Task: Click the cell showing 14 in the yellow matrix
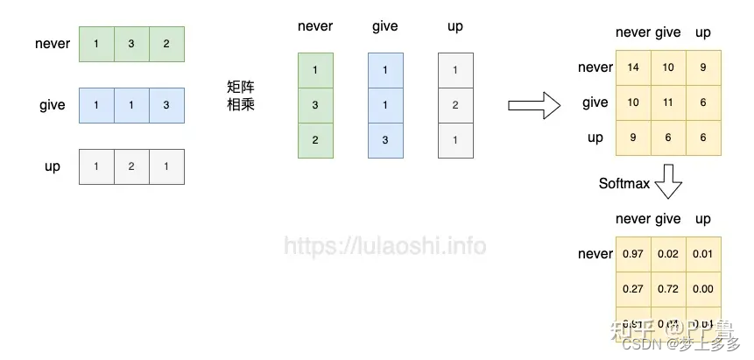[633, 67]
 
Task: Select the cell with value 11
[669, 102]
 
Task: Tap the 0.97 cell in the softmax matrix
[633, 254]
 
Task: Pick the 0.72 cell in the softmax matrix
[669, 289]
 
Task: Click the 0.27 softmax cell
[633, 289]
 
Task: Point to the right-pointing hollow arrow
[533, 105]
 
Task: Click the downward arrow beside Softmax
[668, 183]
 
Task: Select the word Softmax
[624, 184]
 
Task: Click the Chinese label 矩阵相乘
[240, 95]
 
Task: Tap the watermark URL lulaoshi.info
[385, 246]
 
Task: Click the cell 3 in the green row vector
[130, 44]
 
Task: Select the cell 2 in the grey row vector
[130, 166]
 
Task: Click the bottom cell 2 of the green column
[315, 140]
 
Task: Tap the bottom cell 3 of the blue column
[385, 140]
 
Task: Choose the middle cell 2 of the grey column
[455, 105]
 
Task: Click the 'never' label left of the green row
[53, 44]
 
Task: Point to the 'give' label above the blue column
[385, 26]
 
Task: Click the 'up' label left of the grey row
[53, 166]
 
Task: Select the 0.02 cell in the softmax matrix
[669, 254]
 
